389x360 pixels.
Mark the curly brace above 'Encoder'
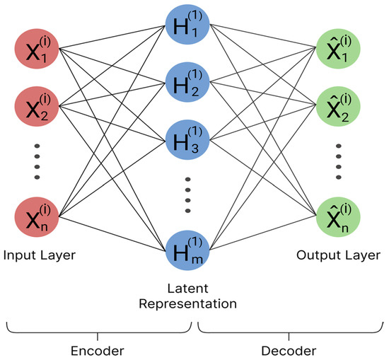[x=99, y=327]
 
